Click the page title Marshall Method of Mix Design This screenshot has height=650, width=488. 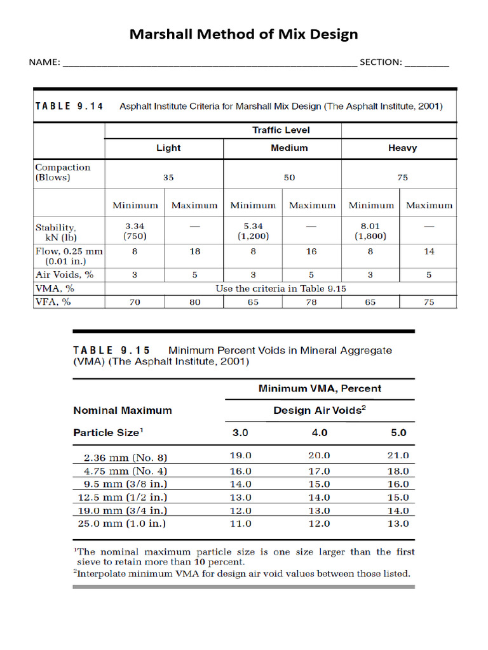pos(243,34)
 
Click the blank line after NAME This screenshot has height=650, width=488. pos(210,63)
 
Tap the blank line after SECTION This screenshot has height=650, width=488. pos(426,63)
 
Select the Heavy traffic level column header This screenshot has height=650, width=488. pos(402,148)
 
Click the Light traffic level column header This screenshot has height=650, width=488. pos(168,148)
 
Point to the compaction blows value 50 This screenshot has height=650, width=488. pos(289,178)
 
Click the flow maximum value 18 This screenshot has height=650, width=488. pos(194,251)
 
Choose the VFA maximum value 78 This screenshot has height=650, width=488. pos(311,302)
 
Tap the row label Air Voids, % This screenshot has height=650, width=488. pos(64,275)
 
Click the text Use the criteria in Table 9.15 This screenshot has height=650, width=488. pos(280,288)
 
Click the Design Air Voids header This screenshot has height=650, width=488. pos(319,411)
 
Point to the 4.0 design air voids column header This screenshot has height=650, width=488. pos(319,433)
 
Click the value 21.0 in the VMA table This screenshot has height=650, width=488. pos(398,456)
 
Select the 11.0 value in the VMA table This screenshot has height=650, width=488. pos(240,524)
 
